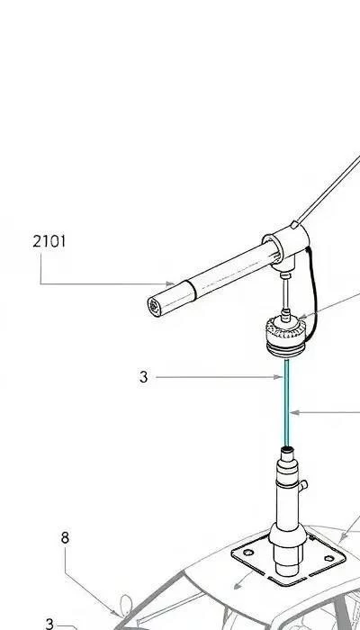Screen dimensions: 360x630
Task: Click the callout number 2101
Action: point(49,241)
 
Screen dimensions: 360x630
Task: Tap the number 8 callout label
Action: point(65,537)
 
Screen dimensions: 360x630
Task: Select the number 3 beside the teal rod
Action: point(144,377)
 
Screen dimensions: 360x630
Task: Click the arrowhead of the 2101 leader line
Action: point(171,284)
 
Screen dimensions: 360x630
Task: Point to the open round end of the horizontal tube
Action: point(155,307)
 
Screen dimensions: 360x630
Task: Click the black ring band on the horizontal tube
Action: point(192,291)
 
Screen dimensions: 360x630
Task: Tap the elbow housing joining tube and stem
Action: point(287,246)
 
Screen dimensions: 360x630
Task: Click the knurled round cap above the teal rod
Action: point(285,337)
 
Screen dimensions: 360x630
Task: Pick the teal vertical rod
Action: point(286,403)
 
